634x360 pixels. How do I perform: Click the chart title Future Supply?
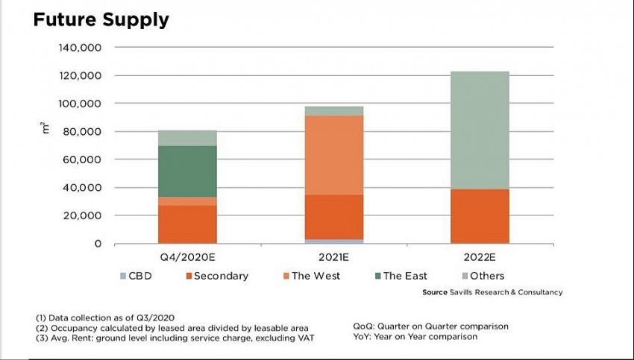[101, 19]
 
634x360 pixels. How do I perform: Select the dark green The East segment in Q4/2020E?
[187, 171]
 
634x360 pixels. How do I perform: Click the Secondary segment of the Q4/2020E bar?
[187, 224]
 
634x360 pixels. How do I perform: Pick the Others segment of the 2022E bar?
[480, 130]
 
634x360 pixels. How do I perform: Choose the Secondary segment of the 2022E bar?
[480, 216]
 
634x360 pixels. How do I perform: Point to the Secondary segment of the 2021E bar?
[333, 217]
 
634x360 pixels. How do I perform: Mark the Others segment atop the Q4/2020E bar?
[187, 138]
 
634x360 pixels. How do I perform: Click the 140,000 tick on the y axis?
[79, 48]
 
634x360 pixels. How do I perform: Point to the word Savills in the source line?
[465, 292]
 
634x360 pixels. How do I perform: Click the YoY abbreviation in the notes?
[362, 336]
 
